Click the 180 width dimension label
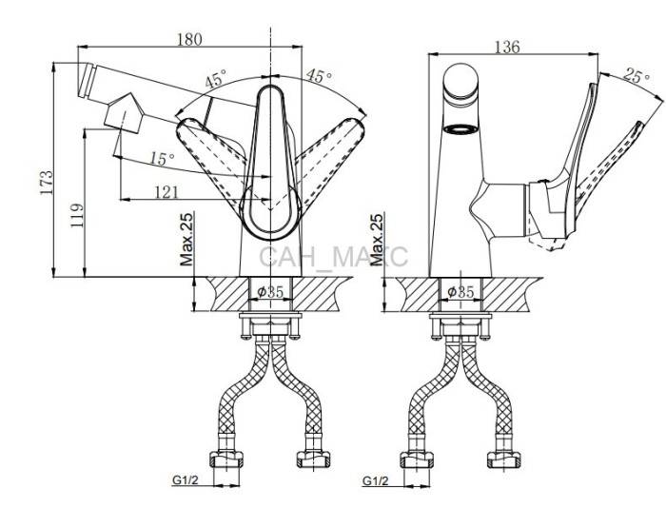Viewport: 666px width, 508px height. tap(189, 39)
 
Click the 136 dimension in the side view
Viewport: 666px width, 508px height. tap(507, 47)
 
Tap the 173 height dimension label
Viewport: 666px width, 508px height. tap(47, 183)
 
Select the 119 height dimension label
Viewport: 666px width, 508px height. tap(77, 215)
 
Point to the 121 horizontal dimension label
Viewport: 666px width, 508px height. tap(166, 192)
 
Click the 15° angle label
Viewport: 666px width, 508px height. tap(162, 159)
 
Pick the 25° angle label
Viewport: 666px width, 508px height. tap(637, 75)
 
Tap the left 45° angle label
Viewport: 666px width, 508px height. tap(216, 79)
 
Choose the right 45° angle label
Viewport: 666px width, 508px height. tap(319, 75)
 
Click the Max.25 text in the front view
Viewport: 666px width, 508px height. tap(186, 239)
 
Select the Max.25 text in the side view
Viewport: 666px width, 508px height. tap(377, 240)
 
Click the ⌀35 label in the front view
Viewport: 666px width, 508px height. tap(270, 292)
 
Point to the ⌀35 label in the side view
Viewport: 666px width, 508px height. tap(460, 292)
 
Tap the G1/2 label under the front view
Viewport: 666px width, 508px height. tap(186, 480)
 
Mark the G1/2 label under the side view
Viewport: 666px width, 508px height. tap(376, 480)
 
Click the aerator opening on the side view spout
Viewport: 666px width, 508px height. tap(460, 128)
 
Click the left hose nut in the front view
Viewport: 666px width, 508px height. tap(226, 459)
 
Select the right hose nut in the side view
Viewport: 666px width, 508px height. tap(504, 459)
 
